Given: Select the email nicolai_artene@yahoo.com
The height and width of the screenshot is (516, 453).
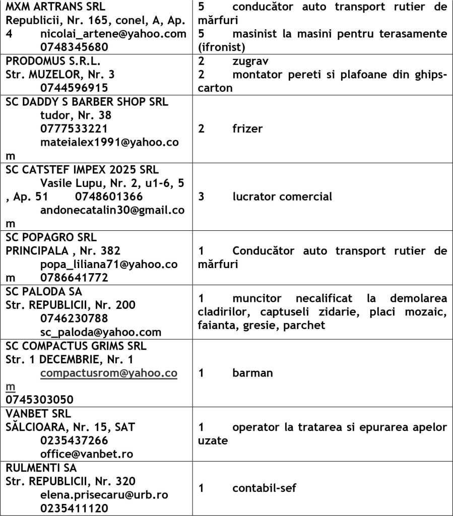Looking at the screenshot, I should pyautogui.click(x=113, y=34).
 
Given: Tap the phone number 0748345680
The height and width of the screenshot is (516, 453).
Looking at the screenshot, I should pyautogui.click(x=74, y=47).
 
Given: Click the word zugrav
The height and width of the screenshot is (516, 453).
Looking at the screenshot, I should pyautogui.click(x=250, y=61).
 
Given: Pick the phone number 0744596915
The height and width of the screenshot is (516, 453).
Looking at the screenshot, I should pyautogui.click(x=74, y=88).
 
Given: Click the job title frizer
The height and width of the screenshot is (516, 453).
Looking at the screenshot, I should pyautogui.click(x=247, y=128).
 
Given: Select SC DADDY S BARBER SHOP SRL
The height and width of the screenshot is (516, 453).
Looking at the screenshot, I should pyautogui.click(x=87, y=102).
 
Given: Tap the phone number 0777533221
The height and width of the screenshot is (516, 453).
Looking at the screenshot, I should pyautogui.click(x=74, y=129).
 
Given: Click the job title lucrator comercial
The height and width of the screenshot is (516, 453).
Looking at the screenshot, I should pyautogui.click(x=282, y=197).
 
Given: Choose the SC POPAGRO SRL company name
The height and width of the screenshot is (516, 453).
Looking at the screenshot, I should pyautogui.click(x=51, y=237).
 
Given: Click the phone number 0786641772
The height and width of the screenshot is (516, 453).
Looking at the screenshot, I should pyautogui.click(x=74, y=278).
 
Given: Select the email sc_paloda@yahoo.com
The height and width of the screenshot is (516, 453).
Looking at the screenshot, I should pyautogui.click(x=101, y=332).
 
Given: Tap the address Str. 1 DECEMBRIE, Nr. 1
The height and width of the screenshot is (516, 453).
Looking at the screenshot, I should pyautogui.click(x=70, y=359).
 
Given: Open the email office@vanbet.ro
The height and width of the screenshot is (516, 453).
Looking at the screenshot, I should pyautogui.click(x=87, y=454).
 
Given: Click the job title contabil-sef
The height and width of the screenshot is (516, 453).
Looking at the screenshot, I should pyautogui.click(x=265, y=488).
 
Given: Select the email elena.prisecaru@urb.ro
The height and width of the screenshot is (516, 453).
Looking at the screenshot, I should pyautogui.click(x=104, y=495).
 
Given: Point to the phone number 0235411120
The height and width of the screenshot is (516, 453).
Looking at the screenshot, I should pyautogui.click(x=74, y=508).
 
